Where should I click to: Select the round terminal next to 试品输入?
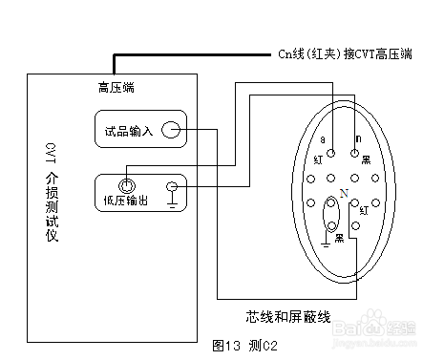pos(170,130)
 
